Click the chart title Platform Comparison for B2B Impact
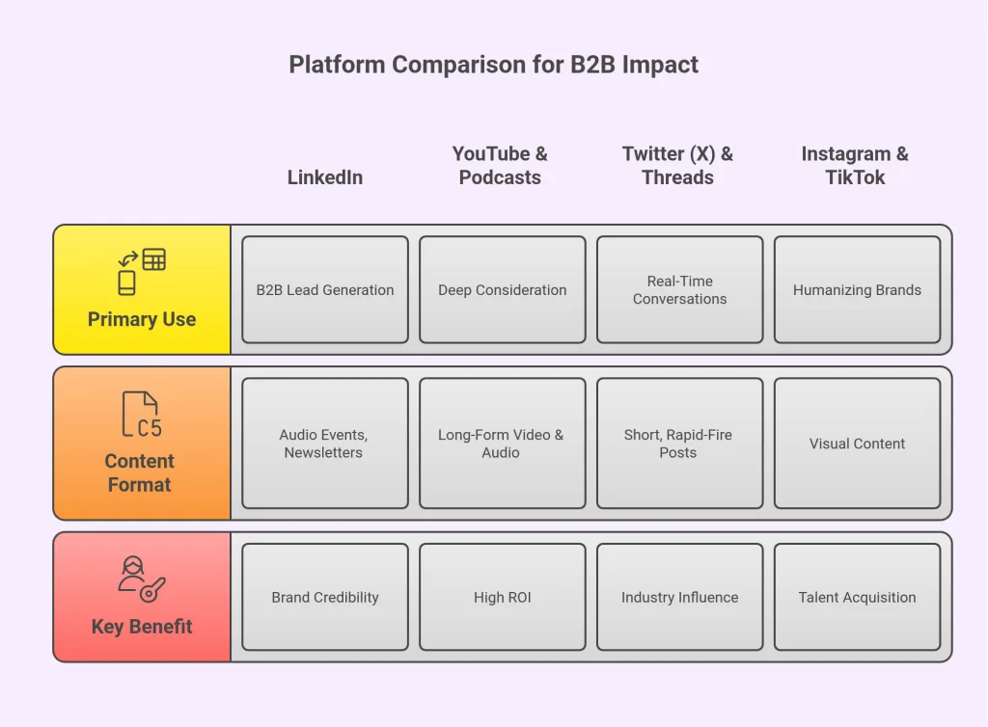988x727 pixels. point(493,65)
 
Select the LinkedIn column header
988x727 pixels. point(325,177)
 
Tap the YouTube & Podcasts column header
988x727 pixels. point(500,166)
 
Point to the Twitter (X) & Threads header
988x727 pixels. point(677,166)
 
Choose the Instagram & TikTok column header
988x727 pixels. point(855,166)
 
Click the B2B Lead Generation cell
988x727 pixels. point(325,289)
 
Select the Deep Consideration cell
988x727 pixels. point(503,289)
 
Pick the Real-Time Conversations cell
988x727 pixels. point(680,289)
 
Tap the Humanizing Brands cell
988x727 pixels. point(857,289)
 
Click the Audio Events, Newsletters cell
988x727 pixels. point(325,444)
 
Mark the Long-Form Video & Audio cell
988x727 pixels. point(503,444)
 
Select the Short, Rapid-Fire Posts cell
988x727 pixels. point(680,444)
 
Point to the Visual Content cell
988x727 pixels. point(857,444)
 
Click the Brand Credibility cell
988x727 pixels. point(325,597)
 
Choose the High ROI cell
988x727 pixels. point(503,597)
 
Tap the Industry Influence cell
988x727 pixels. point(680,597)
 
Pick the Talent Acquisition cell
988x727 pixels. point(857,597)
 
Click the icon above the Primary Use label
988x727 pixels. point(142,272)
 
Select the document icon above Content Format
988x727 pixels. point(141,416)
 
